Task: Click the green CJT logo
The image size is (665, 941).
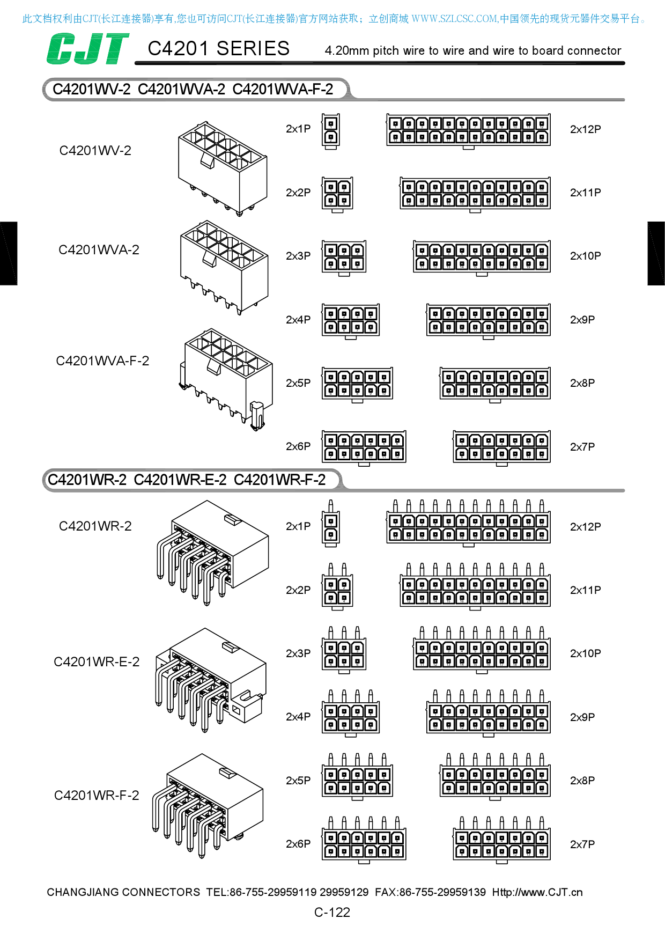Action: pyautogui.click(x=87, y=49)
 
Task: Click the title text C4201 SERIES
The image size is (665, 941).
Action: pyautogui.click(x=218, y=49)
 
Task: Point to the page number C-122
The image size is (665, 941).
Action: pyautogui.click(x=332, y=912)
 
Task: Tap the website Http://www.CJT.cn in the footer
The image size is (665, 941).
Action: pyautogui.click(x=537, y=892)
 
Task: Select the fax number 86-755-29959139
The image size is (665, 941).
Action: pyautogui.click(x=442, y=892)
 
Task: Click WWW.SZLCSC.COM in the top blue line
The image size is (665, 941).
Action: pyautogui.click(x=454, y=19)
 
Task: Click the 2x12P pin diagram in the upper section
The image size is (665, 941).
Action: pyautogui.click(x=468, y=130)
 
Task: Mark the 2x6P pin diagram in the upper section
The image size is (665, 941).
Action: pyautogui.click(x=364, y=447)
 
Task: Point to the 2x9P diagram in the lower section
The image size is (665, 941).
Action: pyautogui.click(x=489, y=714)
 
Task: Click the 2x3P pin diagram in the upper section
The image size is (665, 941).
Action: pyautogui.click(x=344, y=257)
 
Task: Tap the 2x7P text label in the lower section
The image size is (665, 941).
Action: pyautogui.click(x=582, y=844)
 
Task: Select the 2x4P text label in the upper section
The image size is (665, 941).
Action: pyautogui.click(x=298, y=320)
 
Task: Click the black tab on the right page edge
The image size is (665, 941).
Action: pyautogui.click(x=656, y=253)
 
